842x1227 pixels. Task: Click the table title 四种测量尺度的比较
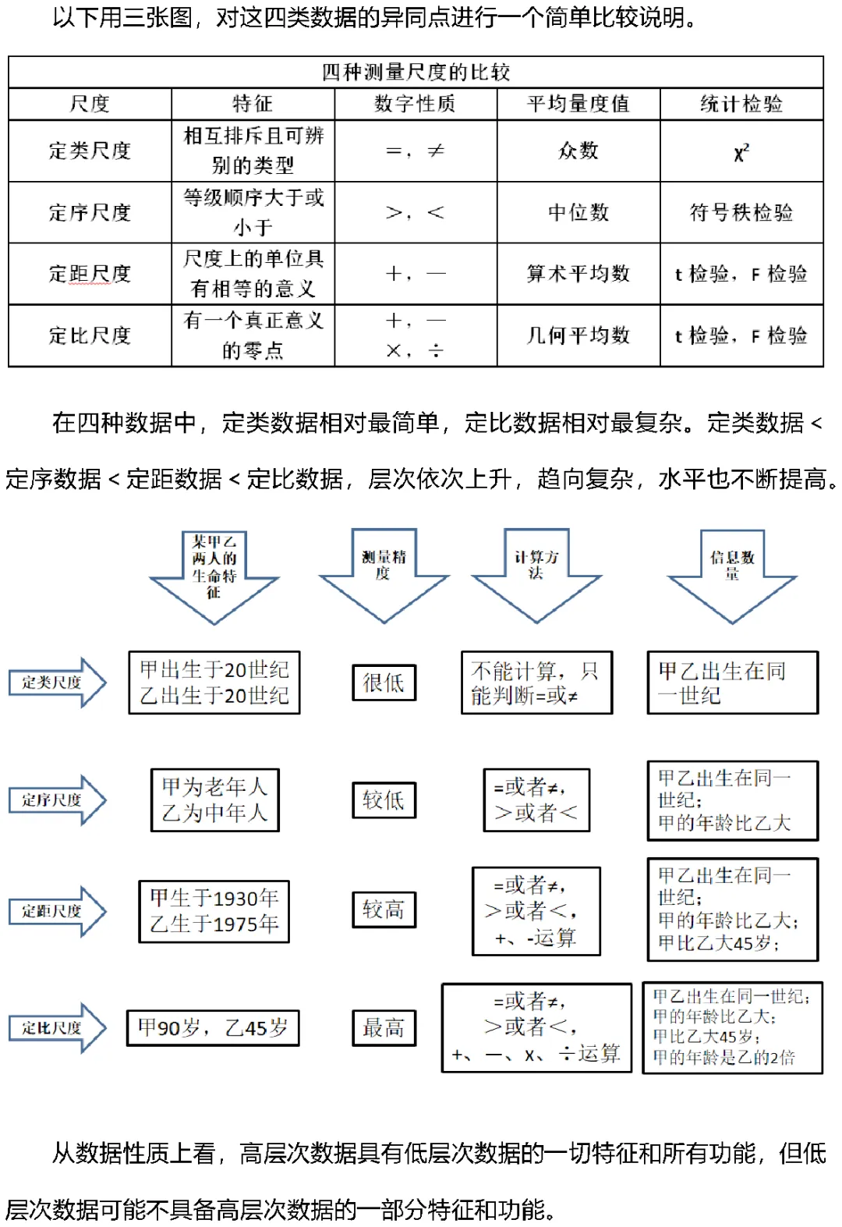coord(416,73)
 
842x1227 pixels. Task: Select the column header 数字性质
coord(415,104)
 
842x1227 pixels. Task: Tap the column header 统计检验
coord(741,104)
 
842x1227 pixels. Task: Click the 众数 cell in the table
coord(578,151)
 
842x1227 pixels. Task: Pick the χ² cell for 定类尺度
coord(741,151)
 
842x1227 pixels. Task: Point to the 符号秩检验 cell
coord(741,212)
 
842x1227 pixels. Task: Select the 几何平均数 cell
coord(578,335)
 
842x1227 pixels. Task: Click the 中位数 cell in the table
coord(578,212)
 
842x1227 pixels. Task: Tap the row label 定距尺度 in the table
coord(90,274)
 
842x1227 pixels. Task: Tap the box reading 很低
coord(384,683)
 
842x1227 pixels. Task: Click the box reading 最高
coord(384,1028)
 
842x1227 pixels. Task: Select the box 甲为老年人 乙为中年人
coord(214,800)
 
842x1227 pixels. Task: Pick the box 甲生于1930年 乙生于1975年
coord(214,911)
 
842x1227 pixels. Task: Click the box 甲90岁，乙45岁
coord(213,1028)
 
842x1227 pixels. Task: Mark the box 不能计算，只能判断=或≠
coord(536,683)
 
